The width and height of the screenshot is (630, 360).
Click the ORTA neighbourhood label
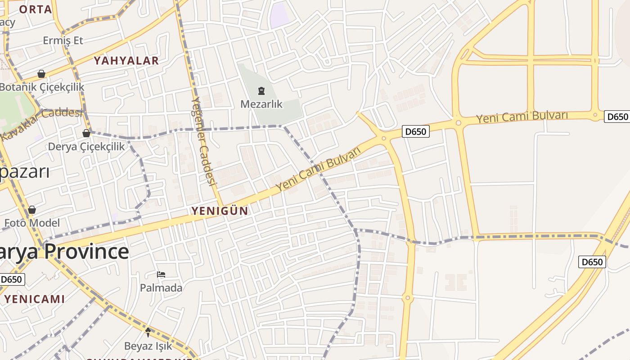pyautogui.click(x=35, y=9)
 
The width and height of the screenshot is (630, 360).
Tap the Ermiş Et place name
pyautogui.click(x=63, y=40)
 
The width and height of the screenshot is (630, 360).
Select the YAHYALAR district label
pyautogui.click(x=126, y=61)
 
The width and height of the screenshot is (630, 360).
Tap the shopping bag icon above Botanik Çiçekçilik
pyautogui.click(x=41, y=74)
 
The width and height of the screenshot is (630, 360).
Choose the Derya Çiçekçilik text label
pyautogui.click(x=86, y=146)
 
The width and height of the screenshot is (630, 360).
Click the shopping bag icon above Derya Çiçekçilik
pyautogui.click(x=86, y=133)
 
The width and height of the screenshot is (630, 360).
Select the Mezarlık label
pyautogui.click(x=261, y=104)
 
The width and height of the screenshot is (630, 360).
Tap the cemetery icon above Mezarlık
pyautogui.click(x=261, y=91)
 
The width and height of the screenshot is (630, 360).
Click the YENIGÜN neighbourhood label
pyautogui.click(x=220, y=211)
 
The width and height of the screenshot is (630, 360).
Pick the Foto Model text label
pyautogui.click(x=32, y=223)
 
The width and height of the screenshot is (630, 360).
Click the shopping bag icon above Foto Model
pyautogui.click(x=32, y=210)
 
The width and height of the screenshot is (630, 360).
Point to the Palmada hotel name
pyautogui.click(x=161, y=288)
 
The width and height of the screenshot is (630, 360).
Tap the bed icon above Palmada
pyautogui.click(x=161, y=274)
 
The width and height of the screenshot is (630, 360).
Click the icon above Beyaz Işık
pyautogui.click(x=148, y=333)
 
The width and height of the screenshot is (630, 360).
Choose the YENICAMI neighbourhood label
pyautogui.click(x=35, y=299)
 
